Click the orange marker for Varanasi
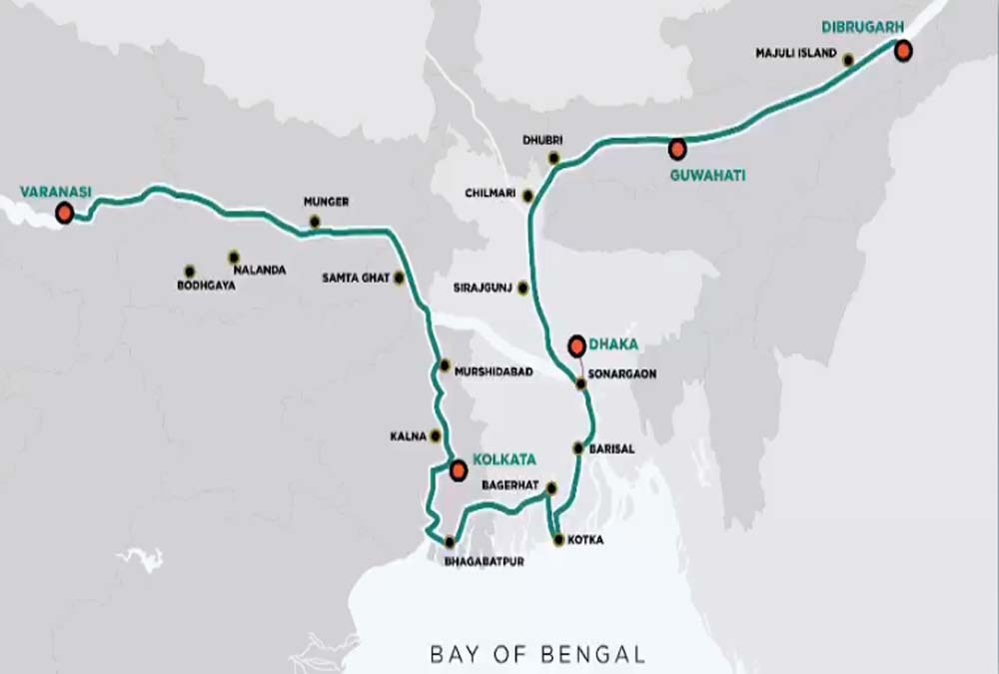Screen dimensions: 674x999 tap(65, 213)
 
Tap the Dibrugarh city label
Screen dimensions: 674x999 tap(854, 26)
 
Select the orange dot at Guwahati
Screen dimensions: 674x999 tap(677, 150)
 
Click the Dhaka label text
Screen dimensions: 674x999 tap(613, 345)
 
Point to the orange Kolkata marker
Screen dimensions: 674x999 tap(458, 470)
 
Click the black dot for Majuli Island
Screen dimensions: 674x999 tap(848, 60)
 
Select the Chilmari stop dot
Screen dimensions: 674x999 tap(528, 196)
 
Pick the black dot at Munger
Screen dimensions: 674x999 tap(315, 222)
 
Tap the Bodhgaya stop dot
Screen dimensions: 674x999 tap(189, 271)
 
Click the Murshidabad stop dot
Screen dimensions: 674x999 tap(445, 364)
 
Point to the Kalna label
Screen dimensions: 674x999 tap(409, 436)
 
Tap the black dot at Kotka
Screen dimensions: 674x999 tap(558, 540)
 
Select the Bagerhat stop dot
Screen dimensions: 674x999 tap(550, 487)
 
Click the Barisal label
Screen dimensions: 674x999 tap(611, 449)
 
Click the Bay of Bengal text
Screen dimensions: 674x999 tap(537, 655)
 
